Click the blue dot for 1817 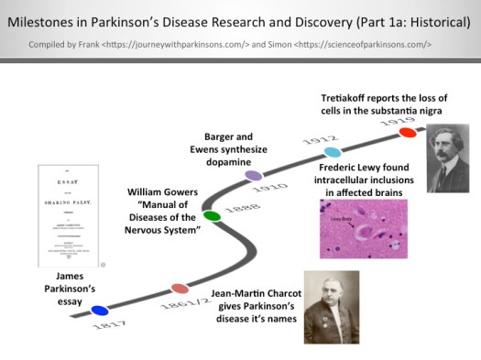(x=100, y=311)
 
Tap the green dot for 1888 (x=212, y=216)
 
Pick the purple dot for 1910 (x=254, y=174)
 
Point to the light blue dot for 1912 (x=333, y=152)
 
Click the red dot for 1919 (x=408, y=133)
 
